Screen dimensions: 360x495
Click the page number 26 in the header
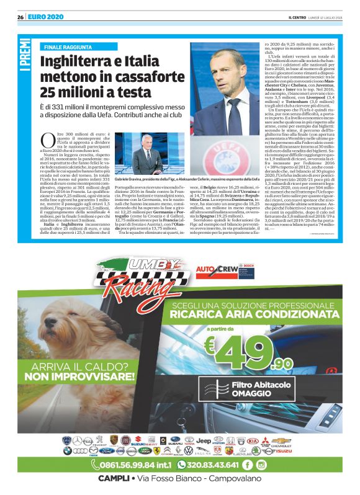[20, 17]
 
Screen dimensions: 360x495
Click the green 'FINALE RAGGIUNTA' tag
[69, 47]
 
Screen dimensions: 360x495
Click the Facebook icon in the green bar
[247, 464]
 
